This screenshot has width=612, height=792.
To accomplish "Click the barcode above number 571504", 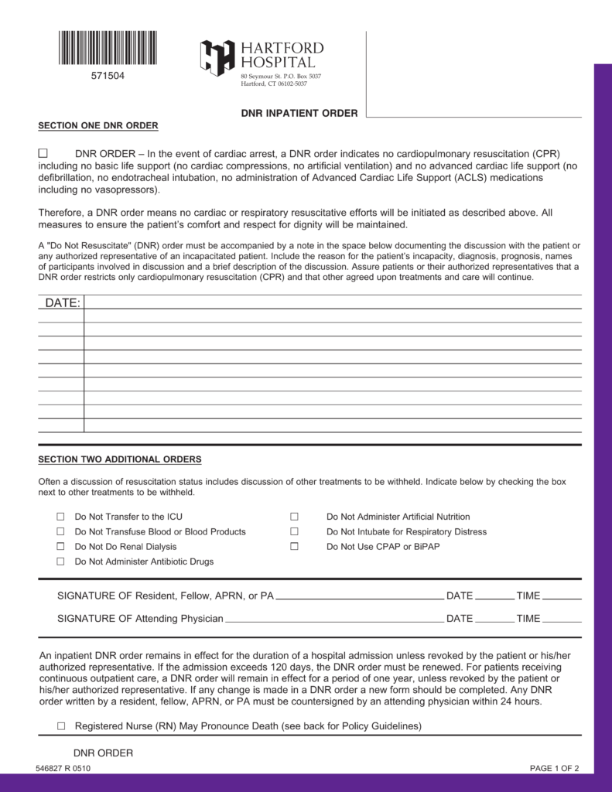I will pos(108,48).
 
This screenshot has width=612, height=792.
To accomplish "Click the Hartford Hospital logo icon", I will pos(217,58).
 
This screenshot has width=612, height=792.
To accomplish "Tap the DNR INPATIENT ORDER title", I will pos(299,113).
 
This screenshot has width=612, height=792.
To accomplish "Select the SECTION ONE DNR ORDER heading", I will pos(98,125).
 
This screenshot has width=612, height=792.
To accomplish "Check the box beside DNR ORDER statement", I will pos(43,153).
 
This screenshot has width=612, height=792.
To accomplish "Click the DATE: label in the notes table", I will pos(62,303).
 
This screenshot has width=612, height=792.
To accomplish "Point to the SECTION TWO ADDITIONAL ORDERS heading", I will pos(120,459).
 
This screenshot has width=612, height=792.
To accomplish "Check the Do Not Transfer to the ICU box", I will pos(60,517).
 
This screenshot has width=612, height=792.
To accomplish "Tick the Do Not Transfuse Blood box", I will pos(60,531).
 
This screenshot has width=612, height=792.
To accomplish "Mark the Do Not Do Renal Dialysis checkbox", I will pos(60,547).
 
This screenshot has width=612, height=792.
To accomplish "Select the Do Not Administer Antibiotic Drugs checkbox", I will pos(60,562).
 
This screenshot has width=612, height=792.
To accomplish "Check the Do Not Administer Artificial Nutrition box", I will pos(294,517).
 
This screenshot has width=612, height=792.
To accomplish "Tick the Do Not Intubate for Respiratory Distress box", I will pos(294,531).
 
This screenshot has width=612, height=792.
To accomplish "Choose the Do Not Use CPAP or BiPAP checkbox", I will pos(294,547).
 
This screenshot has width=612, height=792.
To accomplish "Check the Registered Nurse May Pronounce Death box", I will pos(61,726).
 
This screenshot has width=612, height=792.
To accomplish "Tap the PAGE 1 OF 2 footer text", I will pos(554,768).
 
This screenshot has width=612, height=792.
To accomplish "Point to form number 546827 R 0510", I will pos(63,768).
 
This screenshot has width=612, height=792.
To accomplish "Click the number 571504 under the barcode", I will pos(108,76).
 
